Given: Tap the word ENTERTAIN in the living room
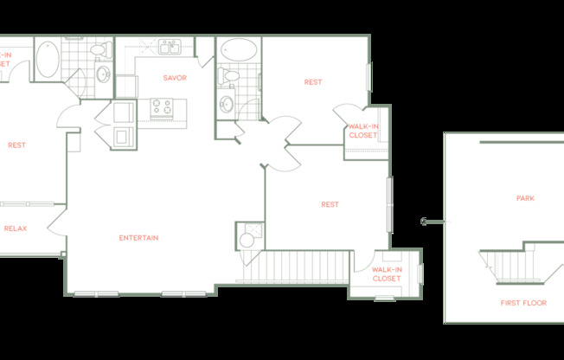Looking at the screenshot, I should (138, 238).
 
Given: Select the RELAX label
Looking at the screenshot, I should (15, 228).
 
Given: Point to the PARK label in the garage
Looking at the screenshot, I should (525, 198).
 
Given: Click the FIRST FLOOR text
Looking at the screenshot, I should (523, 303).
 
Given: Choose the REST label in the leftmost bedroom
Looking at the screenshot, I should (16, 145).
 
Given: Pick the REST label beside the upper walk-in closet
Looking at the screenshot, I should (312, 82).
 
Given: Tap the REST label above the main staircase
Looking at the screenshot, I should (330, 205).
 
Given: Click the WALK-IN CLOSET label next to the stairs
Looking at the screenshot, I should (386, 274).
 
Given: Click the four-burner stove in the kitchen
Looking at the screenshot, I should (162, 107).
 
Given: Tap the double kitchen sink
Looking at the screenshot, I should (169, 46).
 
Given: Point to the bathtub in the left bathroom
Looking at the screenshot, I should (48, 59).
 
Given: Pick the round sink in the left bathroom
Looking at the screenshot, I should (103, 75).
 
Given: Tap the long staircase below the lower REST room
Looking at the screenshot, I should (294, 267).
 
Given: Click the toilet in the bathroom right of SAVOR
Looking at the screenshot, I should (230, 77).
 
